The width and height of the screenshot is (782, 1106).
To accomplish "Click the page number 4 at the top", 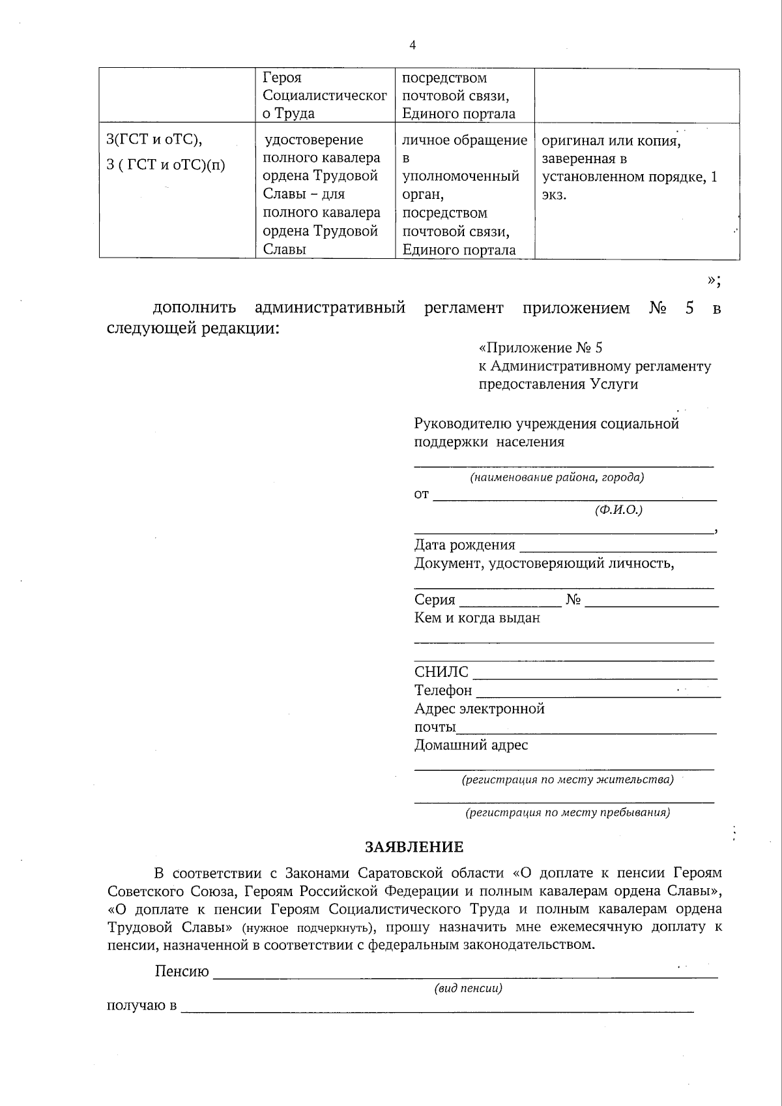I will pos(412,44).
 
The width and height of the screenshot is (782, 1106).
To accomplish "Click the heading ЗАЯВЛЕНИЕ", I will pos(414,846).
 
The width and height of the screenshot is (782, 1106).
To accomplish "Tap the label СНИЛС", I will pos(441,672).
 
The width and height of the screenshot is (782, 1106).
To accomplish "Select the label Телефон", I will pos(443,690).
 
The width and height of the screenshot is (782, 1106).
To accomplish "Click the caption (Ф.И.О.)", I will pos(618,511).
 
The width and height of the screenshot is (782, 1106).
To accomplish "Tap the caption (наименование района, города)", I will pos(557,477).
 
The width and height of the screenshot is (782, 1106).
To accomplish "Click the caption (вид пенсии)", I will pos(468,988).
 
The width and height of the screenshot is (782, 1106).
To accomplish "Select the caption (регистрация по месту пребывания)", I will pos(567,813).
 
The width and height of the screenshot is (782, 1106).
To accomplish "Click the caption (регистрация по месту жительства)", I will pos(567,780).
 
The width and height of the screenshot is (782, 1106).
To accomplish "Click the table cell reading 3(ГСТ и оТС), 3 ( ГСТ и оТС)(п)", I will pos(166,153).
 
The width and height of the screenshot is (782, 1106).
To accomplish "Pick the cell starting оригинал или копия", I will pos(629,168).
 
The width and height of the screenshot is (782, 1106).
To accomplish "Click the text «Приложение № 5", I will pos(545,348).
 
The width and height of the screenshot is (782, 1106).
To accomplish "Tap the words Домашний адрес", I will pos(471,745).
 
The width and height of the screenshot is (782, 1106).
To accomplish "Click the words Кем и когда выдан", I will pos(477,618).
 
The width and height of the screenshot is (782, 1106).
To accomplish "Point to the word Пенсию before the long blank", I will pos(182,972).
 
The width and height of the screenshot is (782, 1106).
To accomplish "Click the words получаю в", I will pos(141,1006).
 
